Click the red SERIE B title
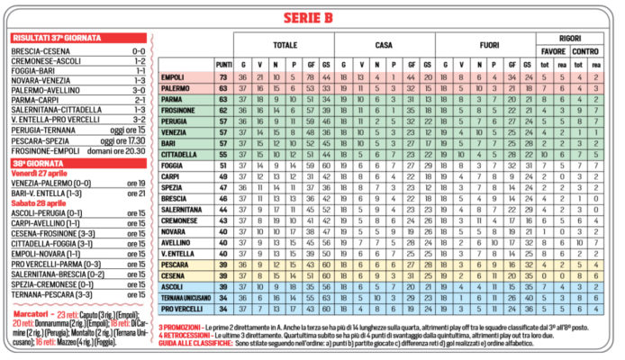pos(312,17)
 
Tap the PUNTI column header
pos(224,65)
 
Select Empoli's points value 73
pos(224,79)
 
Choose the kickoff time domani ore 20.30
pos(121,152)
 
